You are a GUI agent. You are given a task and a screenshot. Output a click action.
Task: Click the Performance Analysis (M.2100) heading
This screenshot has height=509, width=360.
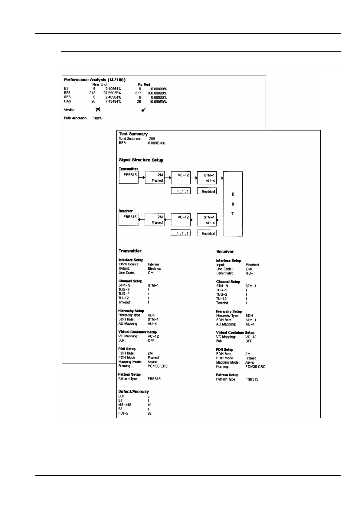[x=95, y=80]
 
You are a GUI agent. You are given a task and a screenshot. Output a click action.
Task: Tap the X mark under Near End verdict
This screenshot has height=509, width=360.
[x=98, y=109]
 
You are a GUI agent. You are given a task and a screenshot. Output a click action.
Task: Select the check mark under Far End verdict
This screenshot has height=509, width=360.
[x=143, y=110]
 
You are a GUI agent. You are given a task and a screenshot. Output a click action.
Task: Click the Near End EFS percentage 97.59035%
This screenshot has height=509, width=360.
[x=112, y=93]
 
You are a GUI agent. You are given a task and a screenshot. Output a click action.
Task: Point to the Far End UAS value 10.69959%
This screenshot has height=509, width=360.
[x=158, y=102]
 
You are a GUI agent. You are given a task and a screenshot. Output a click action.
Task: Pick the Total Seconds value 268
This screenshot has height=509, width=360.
[x=152, y=139]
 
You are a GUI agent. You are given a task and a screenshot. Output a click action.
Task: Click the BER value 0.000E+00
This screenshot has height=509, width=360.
[x=156, y=143]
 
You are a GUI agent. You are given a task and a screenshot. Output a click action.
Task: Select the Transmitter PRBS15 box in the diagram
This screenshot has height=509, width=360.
[x=129, y=178]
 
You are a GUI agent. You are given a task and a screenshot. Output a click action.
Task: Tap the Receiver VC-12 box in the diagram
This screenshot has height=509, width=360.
[x=181, y=219]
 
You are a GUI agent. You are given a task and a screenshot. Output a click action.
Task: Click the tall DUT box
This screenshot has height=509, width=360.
[x=233, y=204]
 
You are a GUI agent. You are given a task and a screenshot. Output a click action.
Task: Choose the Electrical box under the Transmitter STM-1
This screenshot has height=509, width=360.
[x=207, y=191]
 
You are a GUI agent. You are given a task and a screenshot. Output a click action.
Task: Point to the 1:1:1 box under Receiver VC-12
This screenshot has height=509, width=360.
[x=181, y=233]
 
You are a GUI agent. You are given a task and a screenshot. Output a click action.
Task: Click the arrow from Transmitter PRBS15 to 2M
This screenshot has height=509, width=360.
[x=142, y=178]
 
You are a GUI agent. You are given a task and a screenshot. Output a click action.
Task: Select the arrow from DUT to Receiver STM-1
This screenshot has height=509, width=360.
[x=220, y=220]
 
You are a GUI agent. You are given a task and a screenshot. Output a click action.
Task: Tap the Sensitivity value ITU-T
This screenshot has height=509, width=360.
[x=250, y=274]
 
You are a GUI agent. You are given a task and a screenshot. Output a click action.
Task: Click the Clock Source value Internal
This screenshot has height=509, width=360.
[x=153, y=264]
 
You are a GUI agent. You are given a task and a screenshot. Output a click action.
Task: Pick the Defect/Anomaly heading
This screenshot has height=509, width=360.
[x=133, y=391]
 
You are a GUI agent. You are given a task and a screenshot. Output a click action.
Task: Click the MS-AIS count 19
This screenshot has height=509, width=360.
[x=149, y=405]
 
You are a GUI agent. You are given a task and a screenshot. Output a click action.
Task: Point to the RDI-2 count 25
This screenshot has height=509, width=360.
[x=149, y=413]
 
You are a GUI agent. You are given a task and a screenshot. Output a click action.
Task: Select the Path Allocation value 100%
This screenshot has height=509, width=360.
[x=97, y=118]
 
